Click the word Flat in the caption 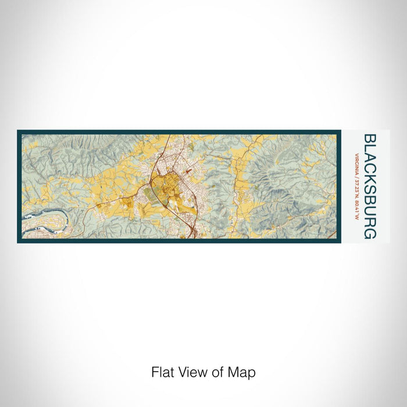163,372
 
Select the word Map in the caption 243,372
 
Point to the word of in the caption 219,372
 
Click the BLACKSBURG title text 369,186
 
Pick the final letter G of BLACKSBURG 369,234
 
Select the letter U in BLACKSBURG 369,209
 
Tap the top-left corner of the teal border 19,131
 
